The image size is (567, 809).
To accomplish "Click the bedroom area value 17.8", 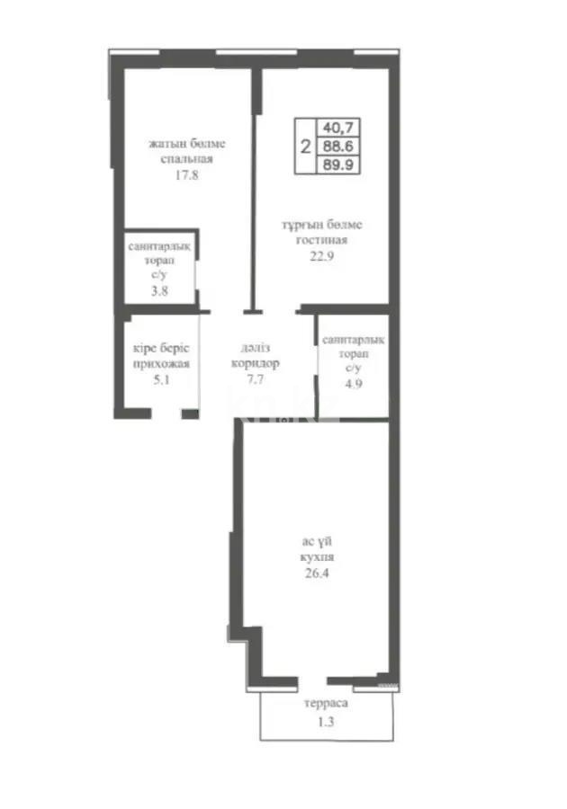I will (186, 175).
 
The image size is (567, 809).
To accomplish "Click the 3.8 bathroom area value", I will (159, 291).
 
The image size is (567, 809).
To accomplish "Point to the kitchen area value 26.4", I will (319, 572).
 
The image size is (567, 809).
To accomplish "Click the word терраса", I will (325, 706).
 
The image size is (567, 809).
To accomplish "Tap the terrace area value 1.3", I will (325, 722).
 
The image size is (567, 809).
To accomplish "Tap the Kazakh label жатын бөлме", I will (186, 144).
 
